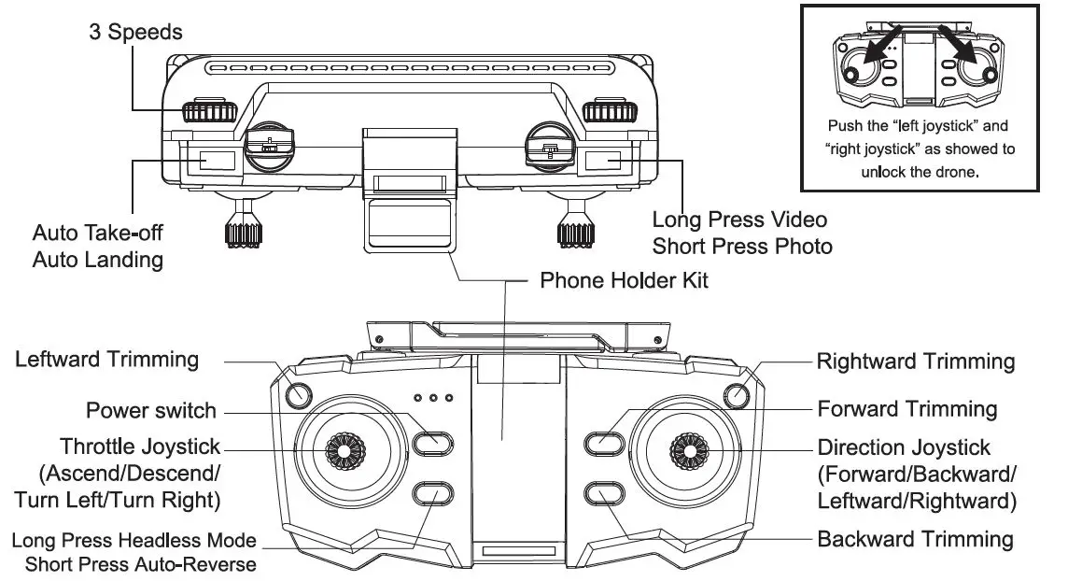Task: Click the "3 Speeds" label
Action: (135, 32)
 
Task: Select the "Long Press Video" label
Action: (739, 220)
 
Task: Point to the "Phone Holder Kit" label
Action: (625, 279)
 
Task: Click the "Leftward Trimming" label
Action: (106, 359)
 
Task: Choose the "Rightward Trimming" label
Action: (915, 361)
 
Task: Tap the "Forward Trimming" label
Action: (906, 408)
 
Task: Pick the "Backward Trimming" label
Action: (915, 539)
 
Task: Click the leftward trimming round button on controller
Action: (298, 395)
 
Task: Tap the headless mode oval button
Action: (432, 492)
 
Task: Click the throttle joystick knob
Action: (344, 451)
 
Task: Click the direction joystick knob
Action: (689, 451)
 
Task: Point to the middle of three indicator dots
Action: (433, 399)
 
